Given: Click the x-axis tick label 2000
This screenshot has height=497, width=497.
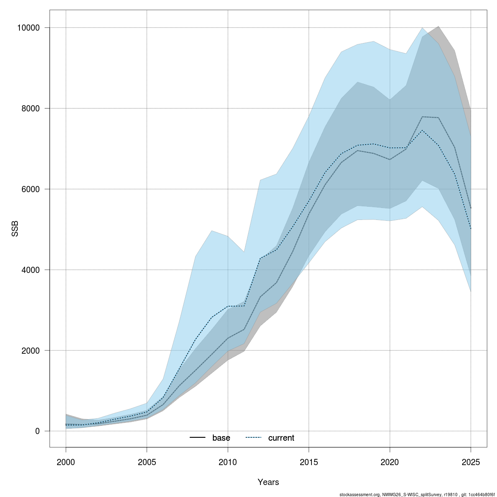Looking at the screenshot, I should [x=66, y=462].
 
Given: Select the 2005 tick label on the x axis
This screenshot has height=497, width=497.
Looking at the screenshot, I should [x=147, y=462].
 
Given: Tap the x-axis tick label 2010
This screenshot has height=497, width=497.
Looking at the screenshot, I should [x=228, y=462].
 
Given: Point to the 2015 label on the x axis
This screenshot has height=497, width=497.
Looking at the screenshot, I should [x=309, y=462].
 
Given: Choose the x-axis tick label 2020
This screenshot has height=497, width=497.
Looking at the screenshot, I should [x=390, y=462].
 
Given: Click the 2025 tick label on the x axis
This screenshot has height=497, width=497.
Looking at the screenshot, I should [x=471, y=462].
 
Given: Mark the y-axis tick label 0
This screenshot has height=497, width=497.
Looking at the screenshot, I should [x=37, y=431].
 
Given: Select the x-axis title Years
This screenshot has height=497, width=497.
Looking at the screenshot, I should [x=268, y=482].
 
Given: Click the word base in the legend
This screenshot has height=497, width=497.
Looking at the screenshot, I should [x=221, y=438].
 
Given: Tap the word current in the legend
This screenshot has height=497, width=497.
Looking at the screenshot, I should [x=281, y=438].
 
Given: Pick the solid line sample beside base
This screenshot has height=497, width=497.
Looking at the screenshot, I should [x=198, y=438].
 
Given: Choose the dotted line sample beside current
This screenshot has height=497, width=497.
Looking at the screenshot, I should [x=253, y=438].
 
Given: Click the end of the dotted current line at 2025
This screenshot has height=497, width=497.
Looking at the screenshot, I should [x=471, y=229].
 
